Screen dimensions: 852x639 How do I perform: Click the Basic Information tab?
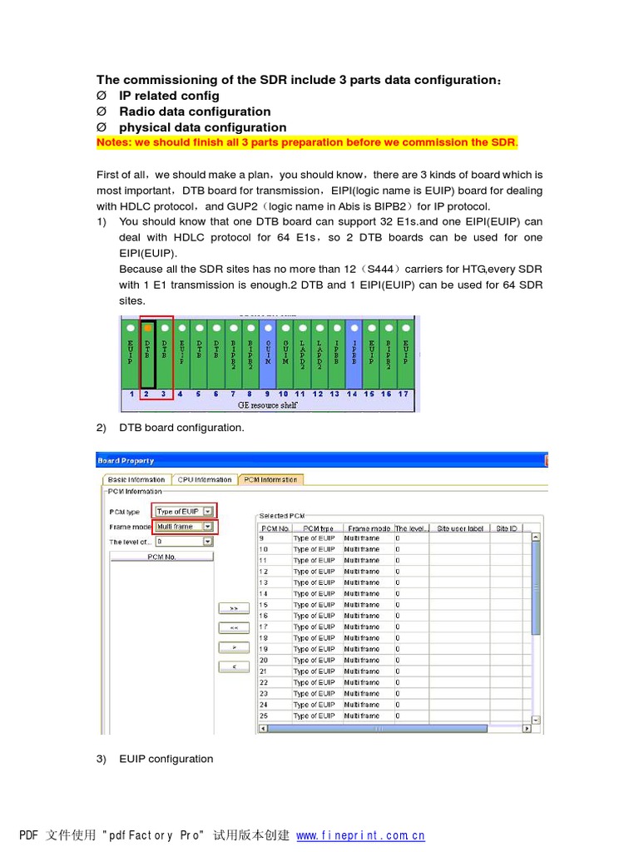(x=135, y=479)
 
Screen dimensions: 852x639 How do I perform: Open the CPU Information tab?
(x=204, y=479)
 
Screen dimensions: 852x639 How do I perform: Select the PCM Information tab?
(x=271, y=479)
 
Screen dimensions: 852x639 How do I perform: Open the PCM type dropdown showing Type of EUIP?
(x=184, y=511)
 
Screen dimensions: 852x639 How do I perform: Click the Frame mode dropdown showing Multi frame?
(x=184, y=527)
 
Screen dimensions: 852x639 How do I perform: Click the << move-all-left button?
(x=234, y=627)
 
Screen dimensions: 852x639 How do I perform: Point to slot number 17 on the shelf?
(x=404, y=394)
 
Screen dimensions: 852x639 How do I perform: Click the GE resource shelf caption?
(x=268, y=404)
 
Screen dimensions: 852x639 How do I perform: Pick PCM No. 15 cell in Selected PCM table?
(x=272, y=605)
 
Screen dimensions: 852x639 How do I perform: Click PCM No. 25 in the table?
(x=272, y=716)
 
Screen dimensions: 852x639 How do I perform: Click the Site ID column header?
(x=506, y=528)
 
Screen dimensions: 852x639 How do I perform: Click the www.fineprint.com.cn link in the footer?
(x=360, y=835)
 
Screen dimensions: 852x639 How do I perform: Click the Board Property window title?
(x=126, y=460)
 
